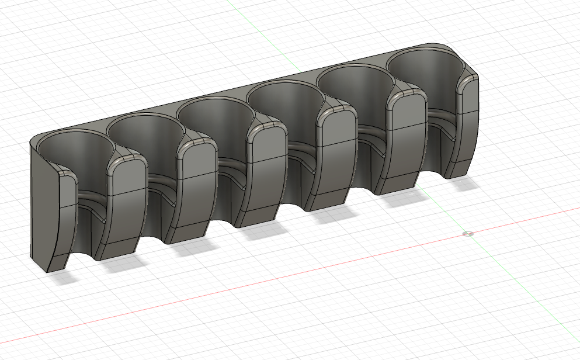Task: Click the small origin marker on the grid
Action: (x=467, y=234)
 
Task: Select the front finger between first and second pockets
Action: (x=126, y=205)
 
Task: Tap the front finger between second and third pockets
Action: (x=196, y=187)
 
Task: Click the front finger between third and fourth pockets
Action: (x=266, y=169)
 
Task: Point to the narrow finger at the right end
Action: (x=467, y=123)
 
